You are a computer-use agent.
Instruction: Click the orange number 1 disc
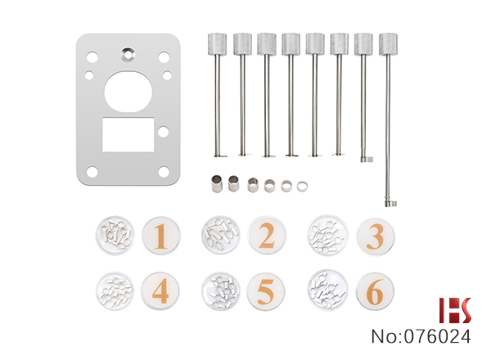point(161,236)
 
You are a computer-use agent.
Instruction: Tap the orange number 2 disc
point(267,235)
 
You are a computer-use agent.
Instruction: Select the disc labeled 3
point(376,236)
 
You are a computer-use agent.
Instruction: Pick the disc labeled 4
point(160,291)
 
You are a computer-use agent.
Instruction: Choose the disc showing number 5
point(265,291)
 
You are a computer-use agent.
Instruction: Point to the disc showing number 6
point(375,291)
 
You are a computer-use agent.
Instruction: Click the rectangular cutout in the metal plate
point(128,135)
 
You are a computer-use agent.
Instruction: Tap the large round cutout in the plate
point(128,92)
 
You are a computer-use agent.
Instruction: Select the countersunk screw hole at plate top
point(128,54)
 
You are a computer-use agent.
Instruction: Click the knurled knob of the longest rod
point(388,44)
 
